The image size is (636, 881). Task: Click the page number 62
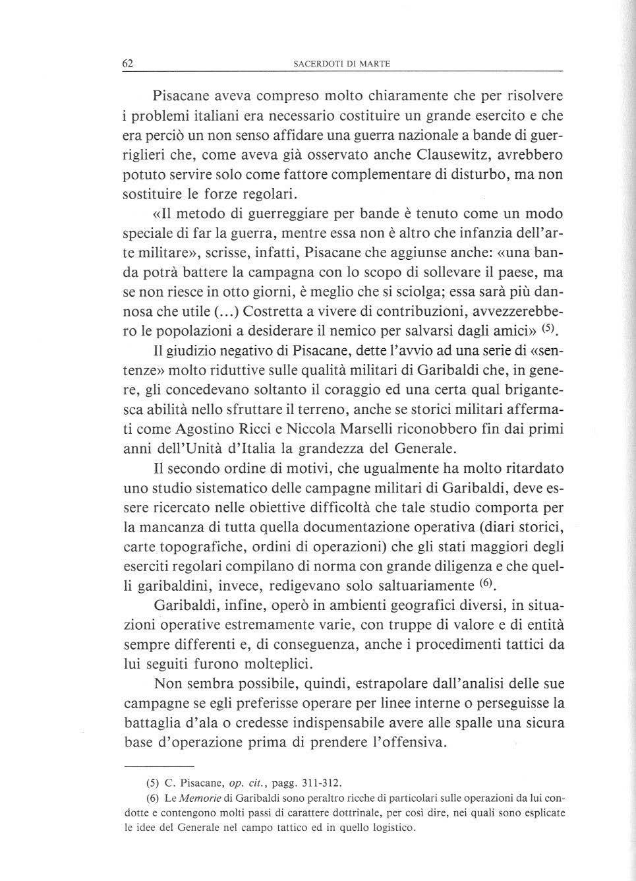pos(129,63)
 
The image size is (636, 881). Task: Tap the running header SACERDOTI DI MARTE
pos(341,64)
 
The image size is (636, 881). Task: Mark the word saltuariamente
pos(416,586)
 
